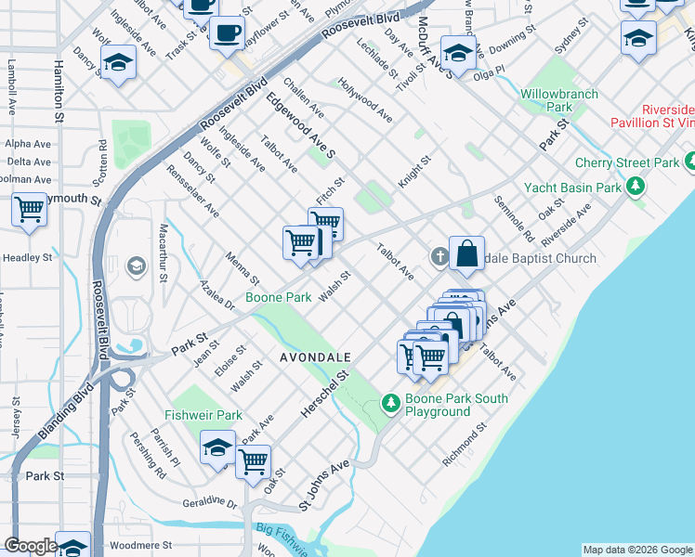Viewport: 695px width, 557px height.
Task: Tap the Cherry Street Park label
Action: (627, 162)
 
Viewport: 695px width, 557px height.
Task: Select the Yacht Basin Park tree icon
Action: (636, 188)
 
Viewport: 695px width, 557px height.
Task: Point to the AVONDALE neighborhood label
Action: (315, 356)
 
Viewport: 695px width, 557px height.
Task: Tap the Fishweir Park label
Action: (203, 415)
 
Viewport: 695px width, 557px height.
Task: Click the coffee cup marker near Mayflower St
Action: (227, 35)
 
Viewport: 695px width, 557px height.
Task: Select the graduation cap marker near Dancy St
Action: (118, 63)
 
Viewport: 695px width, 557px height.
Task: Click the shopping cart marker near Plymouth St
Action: (30, 208)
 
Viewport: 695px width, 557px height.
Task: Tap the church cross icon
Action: (439, 255)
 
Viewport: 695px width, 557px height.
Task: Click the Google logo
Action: (31, 545)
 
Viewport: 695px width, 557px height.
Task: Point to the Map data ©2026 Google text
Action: (637, 550)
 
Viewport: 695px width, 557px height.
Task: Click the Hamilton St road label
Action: (58, 93)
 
